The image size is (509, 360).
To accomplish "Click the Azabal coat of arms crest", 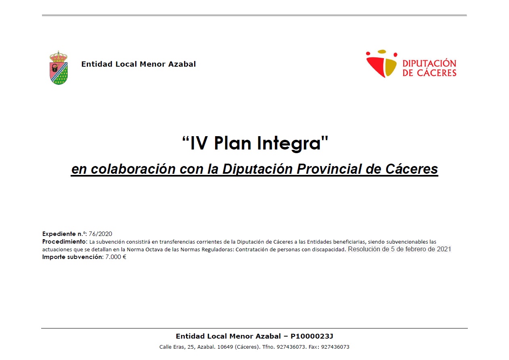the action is [x=59, y=67].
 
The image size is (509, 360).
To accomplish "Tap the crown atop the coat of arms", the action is [x=59, y=56].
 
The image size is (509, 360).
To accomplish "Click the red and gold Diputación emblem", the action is [x=381, y=63].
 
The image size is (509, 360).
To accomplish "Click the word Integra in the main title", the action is [x=289, y=143].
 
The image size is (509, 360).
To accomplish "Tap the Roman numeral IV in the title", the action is [x=198, y=143].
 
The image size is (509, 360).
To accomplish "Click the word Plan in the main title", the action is [x=232, y=143].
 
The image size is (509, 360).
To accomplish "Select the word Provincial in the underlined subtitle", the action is [x=329, y=169].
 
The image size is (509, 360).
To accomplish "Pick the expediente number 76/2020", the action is [x=100, y=234].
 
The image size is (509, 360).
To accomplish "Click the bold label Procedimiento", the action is [x=64, y=242].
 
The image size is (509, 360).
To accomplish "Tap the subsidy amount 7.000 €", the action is [x=116, y=257].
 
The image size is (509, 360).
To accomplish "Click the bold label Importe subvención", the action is [x=73, y=257].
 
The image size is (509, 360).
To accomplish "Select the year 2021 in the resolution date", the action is [x=444, y=249].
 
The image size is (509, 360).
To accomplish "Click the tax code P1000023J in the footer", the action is [x=312, y=336].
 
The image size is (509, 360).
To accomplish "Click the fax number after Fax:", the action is [x=335, y=347].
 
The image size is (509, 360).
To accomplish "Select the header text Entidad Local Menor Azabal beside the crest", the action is [x=138, y=64].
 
